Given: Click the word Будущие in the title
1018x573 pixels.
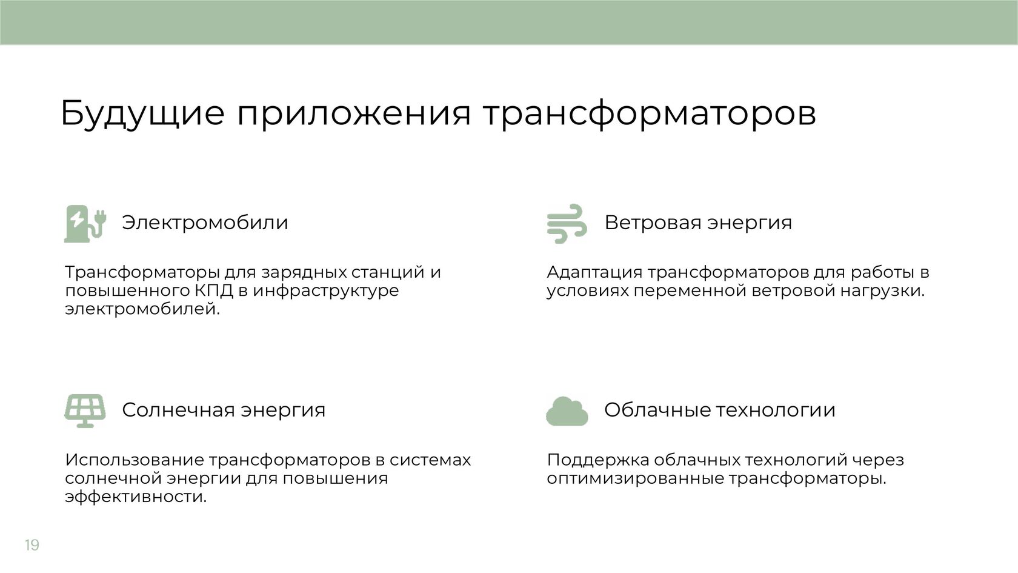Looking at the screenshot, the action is click(142, 114).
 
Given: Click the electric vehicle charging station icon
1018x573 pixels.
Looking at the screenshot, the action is click(85, 224).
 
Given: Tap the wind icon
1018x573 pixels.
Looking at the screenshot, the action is click(567, 223).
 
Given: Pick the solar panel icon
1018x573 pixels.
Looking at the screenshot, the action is click(85, 410).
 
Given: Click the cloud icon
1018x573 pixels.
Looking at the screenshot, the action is click(567, 411).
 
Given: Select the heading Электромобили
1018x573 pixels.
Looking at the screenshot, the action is click(205, 223).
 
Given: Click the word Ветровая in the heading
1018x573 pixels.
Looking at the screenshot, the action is click(655, 223).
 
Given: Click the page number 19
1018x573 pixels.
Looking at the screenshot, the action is click(32, 545).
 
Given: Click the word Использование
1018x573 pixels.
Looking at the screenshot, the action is click(135, 460).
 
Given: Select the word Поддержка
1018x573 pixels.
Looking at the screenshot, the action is click(597, 460).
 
